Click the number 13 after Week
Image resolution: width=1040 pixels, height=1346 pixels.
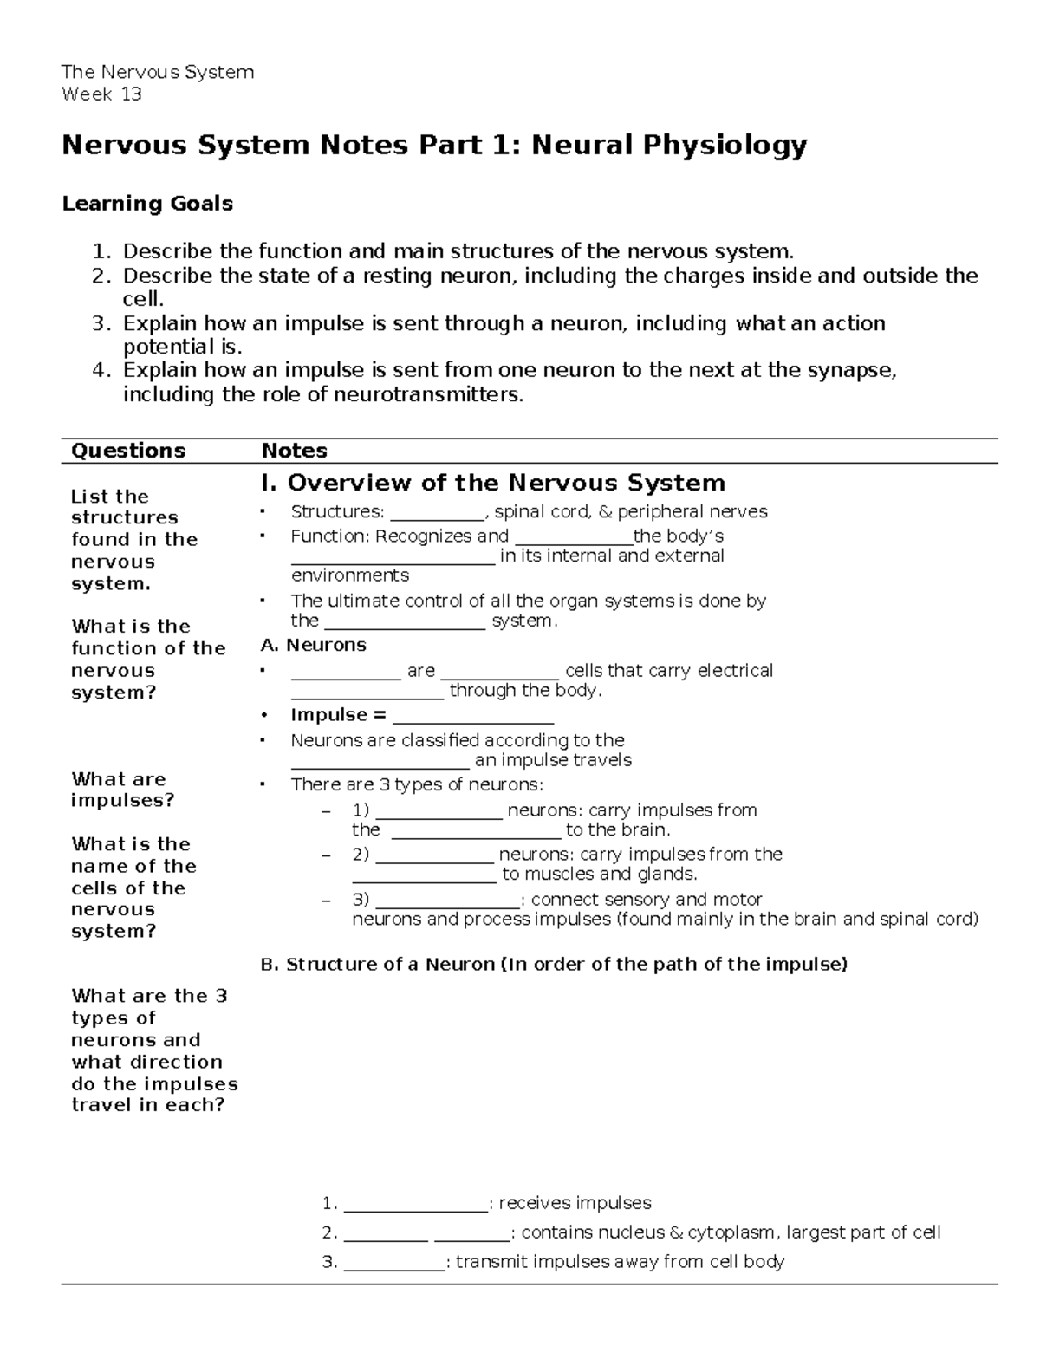tap(131, 94)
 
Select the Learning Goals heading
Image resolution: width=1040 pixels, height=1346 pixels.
tap(147, 204)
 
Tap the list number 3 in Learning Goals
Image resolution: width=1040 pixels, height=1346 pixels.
tap(102, 324)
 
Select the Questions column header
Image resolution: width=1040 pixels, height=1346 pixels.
tap(128, 451)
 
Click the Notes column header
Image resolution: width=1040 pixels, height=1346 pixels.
tap(295, 451)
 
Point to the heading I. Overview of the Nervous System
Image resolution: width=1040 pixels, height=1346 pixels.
tap(492, 483)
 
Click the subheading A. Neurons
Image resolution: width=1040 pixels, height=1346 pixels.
tap(313, 645)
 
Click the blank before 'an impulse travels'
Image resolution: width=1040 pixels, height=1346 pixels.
tap(380, 762)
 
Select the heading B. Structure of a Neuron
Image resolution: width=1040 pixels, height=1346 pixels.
tap(553, 965)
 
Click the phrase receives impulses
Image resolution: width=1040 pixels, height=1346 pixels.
tap(575, 1203)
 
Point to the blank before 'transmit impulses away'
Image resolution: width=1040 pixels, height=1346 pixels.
tap(394, 1263)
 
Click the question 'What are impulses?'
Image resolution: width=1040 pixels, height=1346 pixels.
tap(122, 790)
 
